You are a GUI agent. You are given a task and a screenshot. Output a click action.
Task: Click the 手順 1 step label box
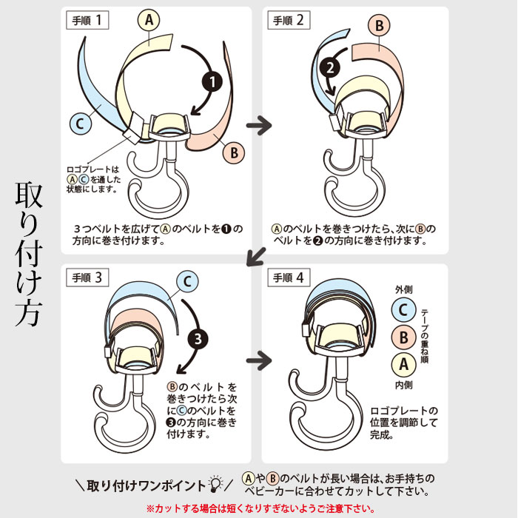87,20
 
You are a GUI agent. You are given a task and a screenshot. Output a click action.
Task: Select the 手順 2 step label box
289,20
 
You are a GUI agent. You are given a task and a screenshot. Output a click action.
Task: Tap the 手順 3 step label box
87,277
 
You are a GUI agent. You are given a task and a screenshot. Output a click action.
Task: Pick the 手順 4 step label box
289,277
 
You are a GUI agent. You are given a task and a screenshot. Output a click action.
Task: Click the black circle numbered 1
212,81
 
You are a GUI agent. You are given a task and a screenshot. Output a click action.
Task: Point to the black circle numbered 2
330,68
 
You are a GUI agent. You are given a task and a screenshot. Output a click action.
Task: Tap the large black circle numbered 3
198,339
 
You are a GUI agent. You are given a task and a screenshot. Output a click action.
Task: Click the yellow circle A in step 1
149,20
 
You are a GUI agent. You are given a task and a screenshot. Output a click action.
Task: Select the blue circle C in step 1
81,124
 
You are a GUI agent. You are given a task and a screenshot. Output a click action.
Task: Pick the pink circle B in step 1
234,152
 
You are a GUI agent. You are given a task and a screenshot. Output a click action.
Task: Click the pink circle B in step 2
379,26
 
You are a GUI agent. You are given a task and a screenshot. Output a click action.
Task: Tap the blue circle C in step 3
187,281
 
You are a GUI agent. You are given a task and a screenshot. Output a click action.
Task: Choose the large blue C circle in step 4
403,310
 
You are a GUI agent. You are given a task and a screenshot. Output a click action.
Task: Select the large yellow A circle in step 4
403,365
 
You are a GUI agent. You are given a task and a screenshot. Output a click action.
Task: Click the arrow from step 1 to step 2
259,125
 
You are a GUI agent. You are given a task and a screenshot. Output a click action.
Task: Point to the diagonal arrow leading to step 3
256,256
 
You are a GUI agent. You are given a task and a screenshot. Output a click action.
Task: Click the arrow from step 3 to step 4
259,360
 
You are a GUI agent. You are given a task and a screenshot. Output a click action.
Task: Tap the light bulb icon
216,484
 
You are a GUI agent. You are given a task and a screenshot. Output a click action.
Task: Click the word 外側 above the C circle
404,290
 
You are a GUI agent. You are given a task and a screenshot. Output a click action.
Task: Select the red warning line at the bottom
260,508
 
